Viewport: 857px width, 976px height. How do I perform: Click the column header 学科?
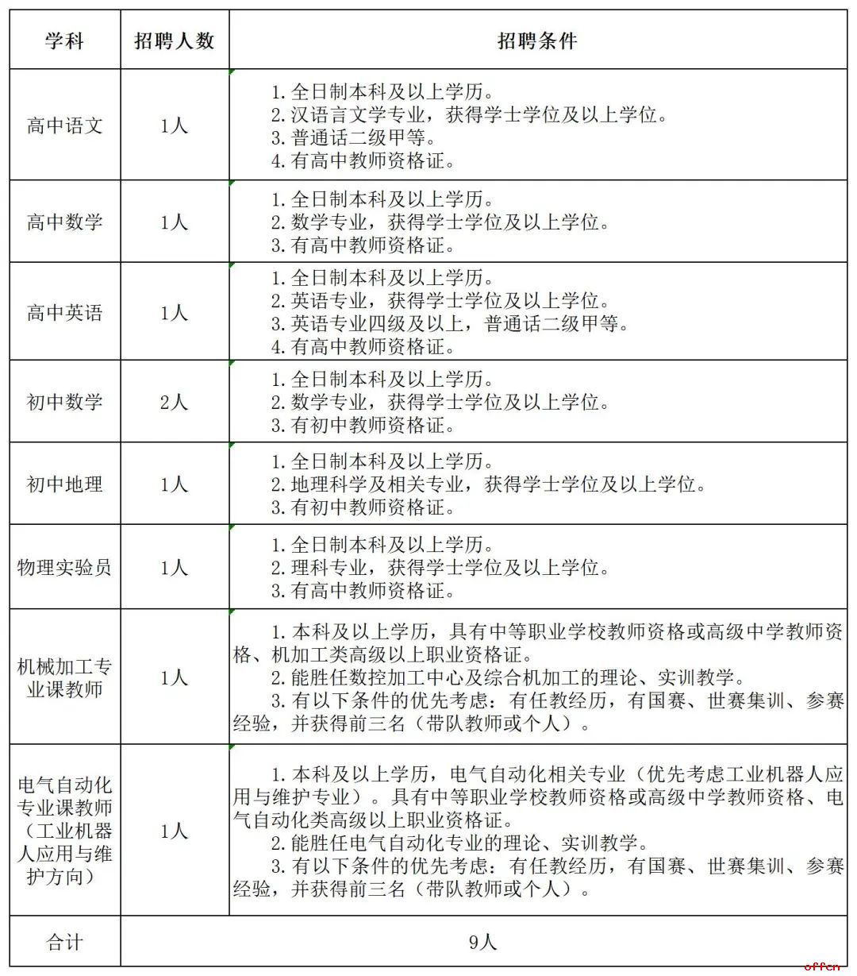(64, 41)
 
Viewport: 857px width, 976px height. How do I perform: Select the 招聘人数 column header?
(175, 41)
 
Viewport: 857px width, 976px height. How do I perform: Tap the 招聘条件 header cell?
(537, 41)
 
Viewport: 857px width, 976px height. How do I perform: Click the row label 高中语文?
(64, 126)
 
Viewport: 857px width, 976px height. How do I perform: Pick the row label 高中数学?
(64, 222)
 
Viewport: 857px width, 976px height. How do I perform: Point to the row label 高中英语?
(64, 313)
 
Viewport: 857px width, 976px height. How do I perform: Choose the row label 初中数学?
(64, 403)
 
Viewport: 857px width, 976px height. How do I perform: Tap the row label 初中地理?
(64, 484)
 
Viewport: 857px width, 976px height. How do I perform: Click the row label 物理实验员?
(64, 568)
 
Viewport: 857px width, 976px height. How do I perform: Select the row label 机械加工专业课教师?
(64, 677)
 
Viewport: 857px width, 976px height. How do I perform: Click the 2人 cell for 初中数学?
(175, 403)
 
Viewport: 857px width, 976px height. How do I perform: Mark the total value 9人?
(482, 943)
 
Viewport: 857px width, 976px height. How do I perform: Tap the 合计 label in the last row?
(64, 943)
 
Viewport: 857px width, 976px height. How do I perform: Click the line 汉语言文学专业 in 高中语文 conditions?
(468, 115)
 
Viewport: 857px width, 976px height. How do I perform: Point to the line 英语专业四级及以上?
(450, 324)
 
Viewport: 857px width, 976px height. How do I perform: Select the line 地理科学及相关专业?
(488, 484)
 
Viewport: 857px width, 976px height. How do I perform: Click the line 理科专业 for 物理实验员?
(440, 568)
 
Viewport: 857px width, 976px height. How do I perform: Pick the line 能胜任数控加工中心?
(508, 678)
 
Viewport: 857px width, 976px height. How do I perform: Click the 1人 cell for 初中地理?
(175, 484)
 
